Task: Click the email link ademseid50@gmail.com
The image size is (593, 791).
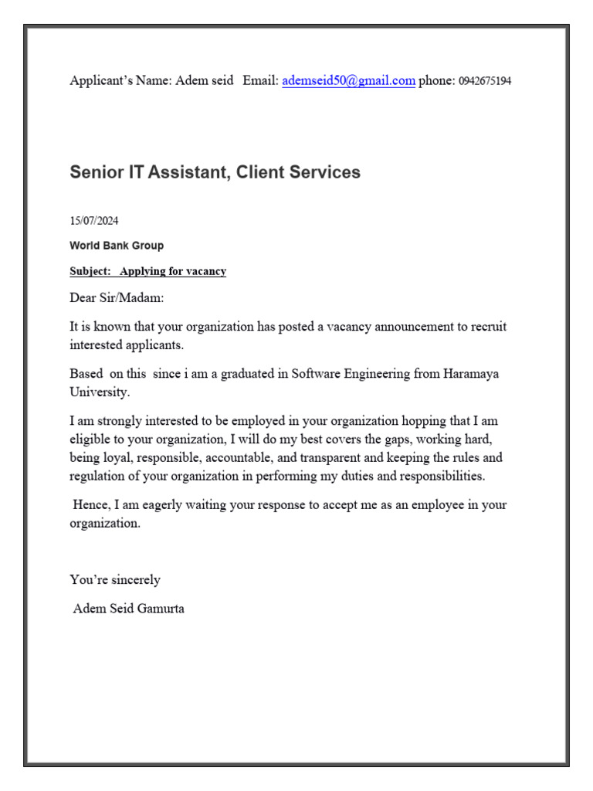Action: point(348,80)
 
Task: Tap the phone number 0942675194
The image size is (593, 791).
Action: point(485,81)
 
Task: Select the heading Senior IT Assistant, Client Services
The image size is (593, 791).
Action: point(215,172)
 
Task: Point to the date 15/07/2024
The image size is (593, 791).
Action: point(94,221)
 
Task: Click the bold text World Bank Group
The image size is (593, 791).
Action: point(117,246)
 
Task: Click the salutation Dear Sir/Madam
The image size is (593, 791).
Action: point(117,298)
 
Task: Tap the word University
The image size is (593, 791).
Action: point(99,392)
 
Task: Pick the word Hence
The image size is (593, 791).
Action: point(90,504)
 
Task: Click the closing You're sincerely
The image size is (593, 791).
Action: point(115,579)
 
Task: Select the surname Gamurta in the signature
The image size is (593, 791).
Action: point(159,609)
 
